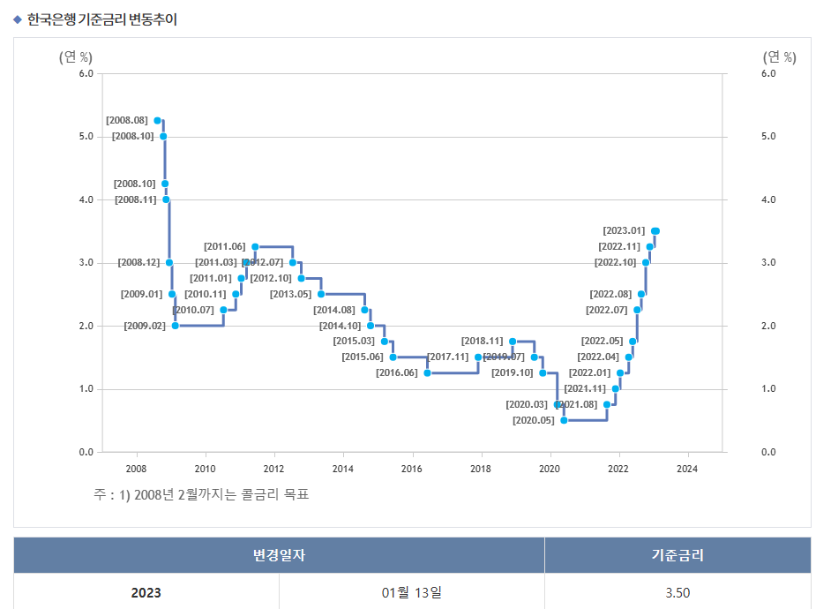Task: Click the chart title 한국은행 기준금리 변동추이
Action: (101, 19)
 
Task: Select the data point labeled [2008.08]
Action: (157, 120)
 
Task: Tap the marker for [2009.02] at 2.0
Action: (176, 326)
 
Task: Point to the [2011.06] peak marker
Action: (255, 246)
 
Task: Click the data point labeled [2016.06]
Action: (427, 372)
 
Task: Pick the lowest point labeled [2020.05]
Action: (564, 420)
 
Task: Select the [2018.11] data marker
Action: (513, 341)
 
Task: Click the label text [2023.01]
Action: (624, 231)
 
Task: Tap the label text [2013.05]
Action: (290, 294)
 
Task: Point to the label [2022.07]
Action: (606, 310)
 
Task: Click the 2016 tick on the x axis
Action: (411, 469)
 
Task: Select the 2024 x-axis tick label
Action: (686, 469)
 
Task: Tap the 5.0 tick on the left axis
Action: (86, 137)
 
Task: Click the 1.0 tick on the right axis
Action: (767, 389)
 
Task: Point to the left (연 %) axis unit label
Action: (76, 57)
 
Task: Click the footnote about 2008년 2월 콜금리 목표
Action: (201, 494)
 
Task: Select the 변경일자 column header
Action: (279, 555)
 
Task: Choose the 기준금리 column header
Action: (678, 555)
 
